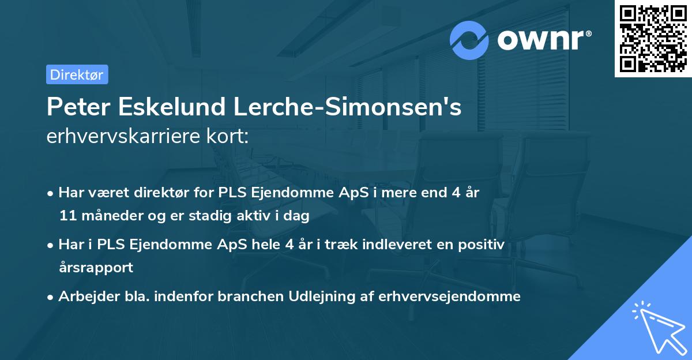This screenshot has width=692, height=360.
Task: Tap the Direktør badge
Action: coord(77,74)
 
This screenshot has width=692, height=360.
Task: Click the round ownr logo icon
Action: coord(469,40)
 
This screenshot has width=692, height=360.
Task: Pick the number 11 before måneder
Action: coord(66,216)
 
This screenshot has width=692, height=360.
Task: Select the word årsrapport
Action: coord(96,268)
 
